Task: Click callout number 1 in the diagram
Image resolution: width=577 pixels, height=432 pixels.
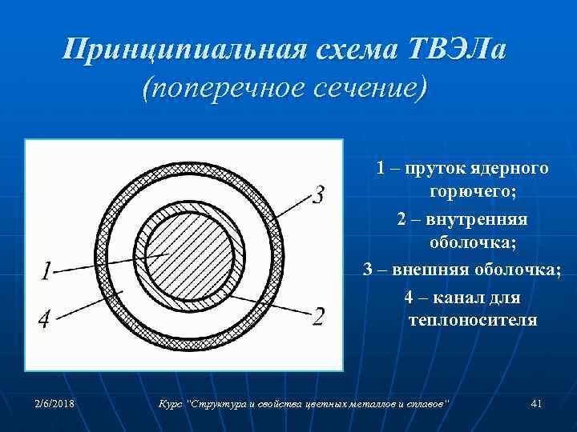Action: pos(46,272)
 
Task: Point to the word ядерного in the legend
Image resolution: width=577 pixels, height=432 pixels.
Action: pos(510,168)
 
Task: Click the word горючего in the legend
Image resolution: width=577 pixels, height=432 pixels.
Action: pos(473,192)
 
